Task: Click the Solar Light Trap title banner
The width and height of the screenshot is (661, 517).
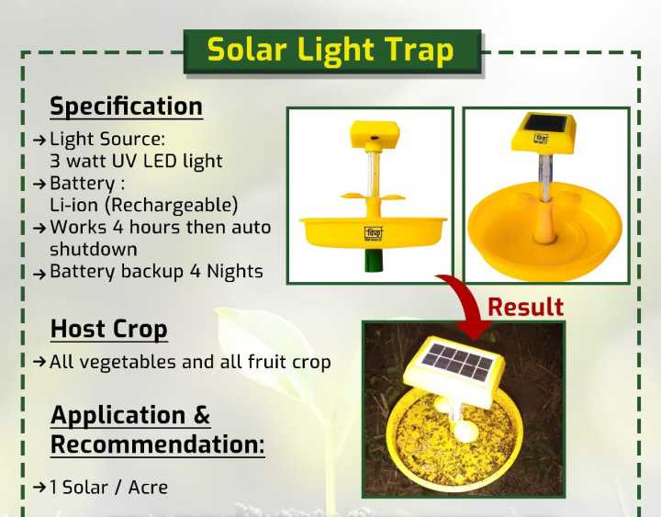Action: tap(330, 51)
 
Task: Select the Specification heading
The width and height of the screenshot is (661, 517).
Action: tap(126, 107)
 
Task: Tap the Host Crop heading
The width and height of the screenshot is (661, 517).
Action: tap(108, 329)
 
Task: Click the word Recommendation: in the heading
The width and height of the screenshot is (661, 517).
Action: tap(157, 445)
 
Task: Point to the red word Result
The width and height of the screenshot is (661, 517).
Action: tap(525, 307)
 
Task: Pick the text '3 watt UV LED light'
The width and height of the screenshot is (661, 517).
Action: tap(136, 161)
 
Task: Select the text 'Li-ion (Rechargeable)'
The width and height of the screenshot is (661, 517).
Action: tap(144, 204)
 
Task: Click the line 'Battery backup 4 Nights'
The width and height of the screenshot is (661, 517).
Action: tap(156, 272)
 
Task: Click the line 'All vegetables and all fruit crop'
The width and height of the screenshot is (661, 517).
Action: tap(190, 362)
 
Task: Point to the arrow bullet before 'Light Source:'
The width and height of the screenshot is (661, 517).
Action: tap(39, 140)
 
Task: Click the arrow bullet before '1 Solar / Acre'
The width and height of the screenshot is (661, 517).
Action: tap(39, 488)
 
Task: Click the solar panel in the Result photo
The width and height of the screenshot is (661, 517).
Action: tap(456, 360)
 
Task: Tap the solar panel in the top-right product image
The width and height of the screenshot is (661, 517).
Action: tap(543, 124)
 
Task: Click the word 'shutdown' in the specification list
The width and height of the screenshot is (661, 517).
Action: tap(93, 249)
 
